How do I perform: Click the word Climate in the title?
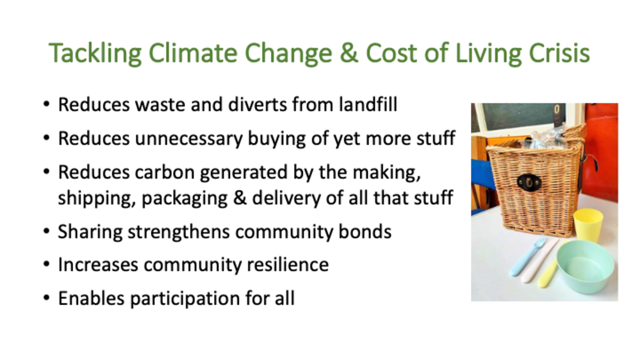coord(192,53)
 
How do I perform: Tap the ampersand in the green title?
coord(349,53)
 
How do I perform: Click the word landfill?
coord(368,104)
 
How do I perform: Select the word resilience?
coord(288,265)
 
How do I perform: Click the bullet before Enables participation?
coord(46,299)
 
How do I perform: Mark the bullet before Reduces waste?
coord(46,104)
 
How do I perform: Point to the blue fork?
coord(528,256)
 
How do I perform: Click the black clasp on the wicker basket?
coord(529,182)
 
